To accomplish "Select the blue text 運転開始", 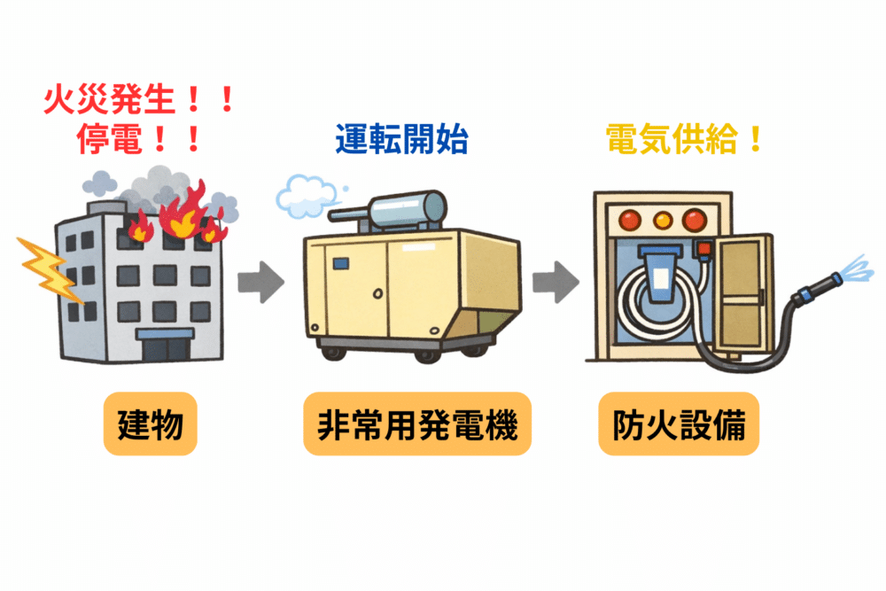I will click(x=400, y=140).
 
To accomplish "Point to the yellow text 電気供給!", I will click(x=684, y=140).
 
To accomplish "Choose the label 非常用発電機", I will click(x=417, y=424).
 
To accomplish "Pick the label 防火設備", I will click(x=679, y=424).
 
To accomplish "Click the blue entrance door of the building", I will click(x=164, y=346).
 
